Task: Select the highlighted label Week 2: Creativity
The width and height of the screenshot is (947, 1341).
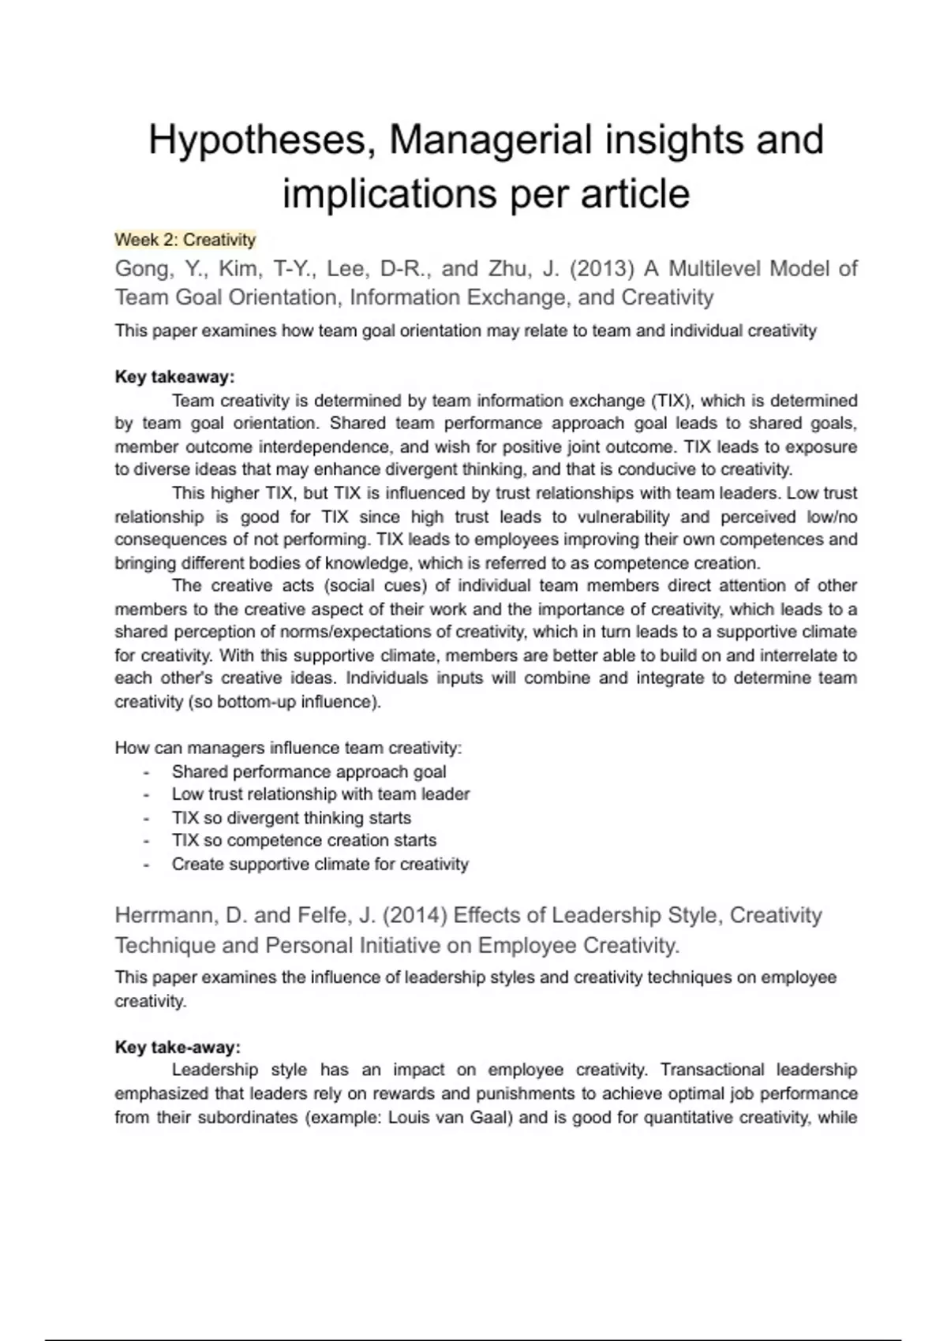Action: coord(185,240)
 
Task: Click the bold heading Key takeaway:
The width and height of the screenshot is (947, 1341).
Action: coord(175,377)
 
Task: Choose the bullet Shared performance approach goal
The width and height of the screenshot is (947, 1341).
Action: coord(309,771)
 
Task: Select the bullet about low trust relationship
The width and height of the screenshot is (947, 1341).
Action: coord(320,794)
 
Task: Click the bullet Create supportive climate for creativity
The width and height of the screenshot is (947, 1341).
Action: coord(320,865)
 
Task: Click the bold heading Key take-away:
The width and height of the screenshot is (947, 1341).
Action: coord(178,1048)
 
